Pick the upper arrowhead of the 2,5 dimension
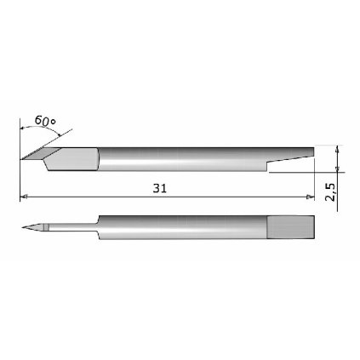[x=339, y=149]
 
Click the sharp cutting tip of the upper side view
[x=22, y=158]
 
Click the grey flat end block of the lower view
[x=292, y=226]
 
